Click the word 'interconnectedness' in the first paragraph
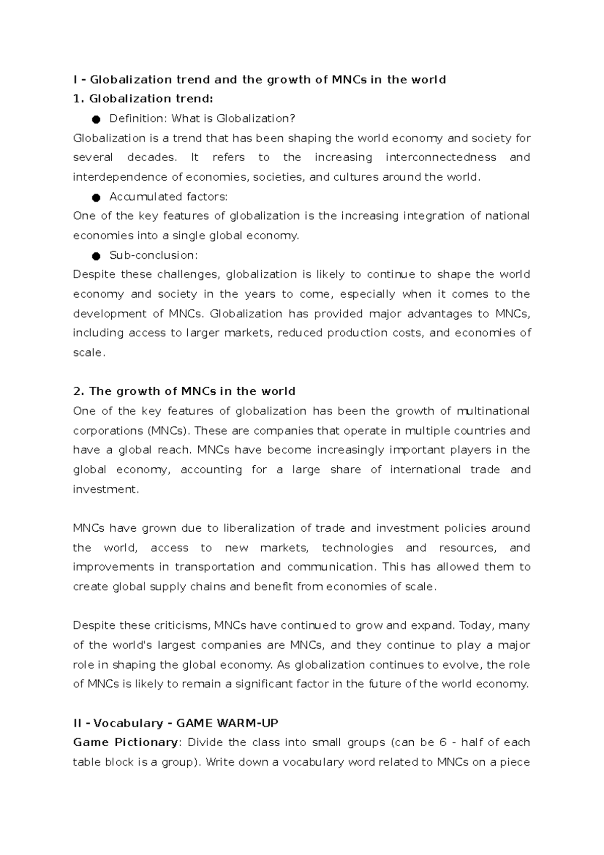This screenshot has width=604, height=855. click(x=441, y=158)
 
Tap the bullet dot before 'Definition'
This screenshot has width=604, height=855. click(x=96, y=119)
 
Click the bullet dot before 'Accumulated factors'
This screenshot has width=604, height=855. click(x=96, y=197)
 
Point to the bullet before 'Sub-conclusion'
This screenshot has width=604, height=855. click(x=96, y=256)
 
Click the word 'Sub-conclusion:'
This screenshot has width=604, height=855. click(x=154, y=255)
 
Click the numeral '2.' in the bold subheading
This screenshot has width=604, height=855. click(x=78, y=392)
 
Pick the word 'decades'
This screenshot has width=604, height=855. click(x=152, y=158)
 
